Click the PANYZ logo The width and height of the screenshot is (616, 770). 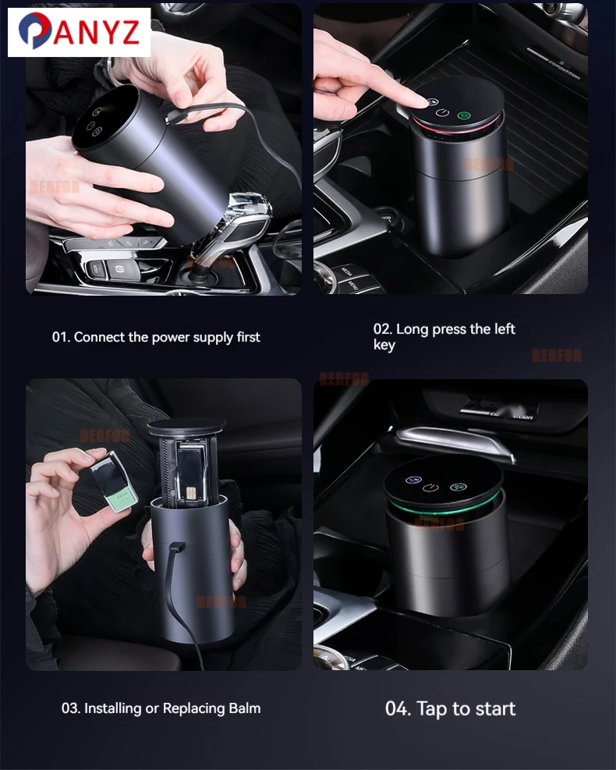79,32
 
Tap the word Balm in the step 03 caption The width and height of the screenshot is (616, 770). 244,708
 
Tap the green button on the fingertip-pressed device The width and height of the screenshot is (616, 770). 464,116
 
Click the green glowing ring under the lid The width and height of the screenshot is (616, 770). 444,509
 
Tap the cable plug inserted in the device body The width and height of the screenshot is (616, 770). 173,548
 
